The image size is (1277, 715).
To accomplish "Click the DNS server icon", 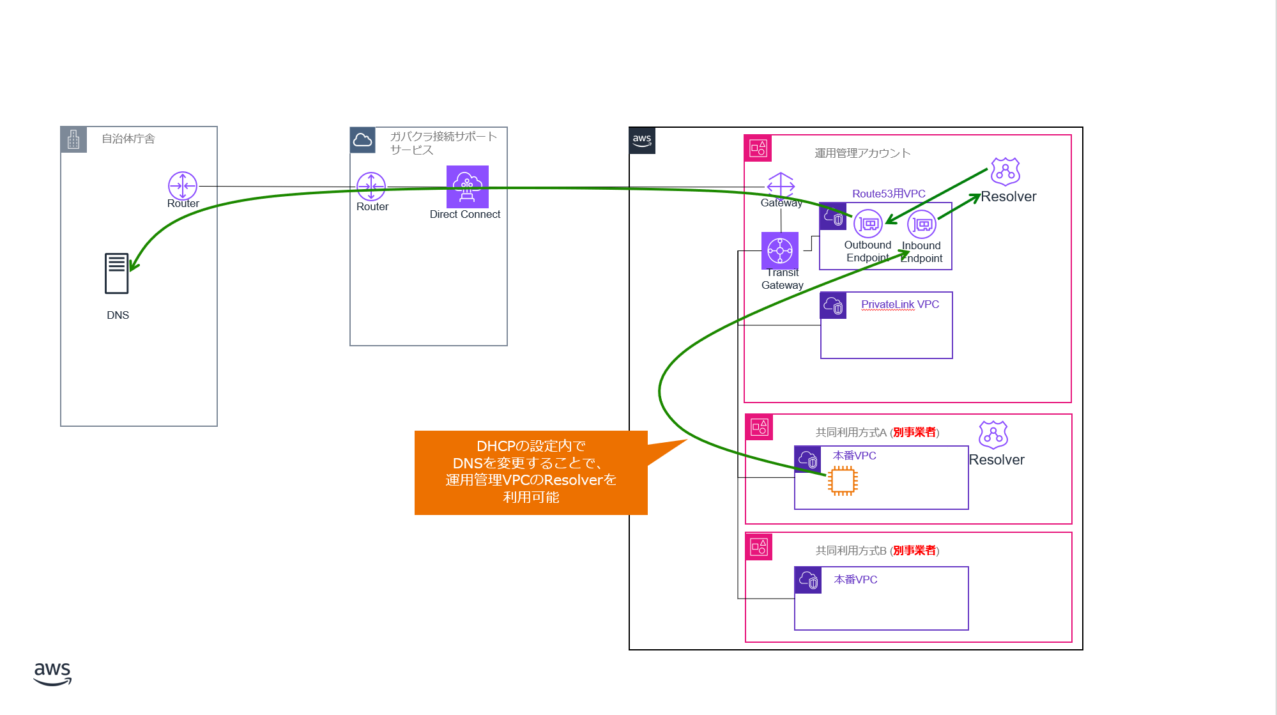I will tap(117, 273).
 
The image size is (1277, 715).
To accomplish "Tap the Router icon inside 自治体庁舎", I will tap(183, 186).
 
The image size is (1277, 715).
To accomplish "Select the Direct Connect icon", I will tap(468, 187).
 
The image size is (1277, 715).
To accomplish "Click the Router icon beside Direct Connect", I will tap(371, 187).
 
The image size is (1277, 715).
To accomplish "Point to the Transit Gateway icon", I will tap(780, 250).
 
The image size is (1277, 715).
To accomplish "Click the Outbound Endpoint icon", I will tap(868, 224).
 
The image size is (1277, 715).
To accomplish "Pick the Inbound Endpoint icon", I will tap(922, 225).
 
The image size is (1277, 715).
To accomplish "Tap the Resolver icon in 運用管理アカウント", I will tap(1006, 172).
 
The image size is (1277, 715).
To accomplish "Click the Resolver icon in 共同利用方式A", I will tap(993, 435).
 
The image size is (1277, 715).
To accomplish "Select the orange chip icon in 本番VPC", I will tap(843, 481).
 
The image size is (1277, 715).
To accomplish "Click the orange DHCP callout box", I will tap(531, 472).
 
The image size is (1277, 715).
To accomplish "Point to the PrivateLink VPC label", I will tap(900, 304).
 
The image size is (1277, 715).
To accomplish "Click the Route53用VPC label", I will tap(889, 194).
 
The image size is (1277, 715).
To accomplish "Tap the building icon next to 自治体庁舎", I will tap(73, 139).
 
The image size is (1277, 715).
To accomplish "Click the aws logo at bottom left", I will tap(52, 673).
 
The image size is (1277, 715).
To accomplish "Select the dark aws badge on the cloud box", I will tap(642, 141).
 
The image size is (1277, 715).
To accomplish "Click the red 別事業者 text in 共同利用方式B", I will tap(915, 551).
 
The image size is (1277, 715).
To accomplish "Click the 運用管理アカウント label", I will tap(862, 153).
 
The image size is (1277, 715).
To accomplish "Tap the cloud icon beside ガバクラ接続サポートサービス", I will tap(363, 140).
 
